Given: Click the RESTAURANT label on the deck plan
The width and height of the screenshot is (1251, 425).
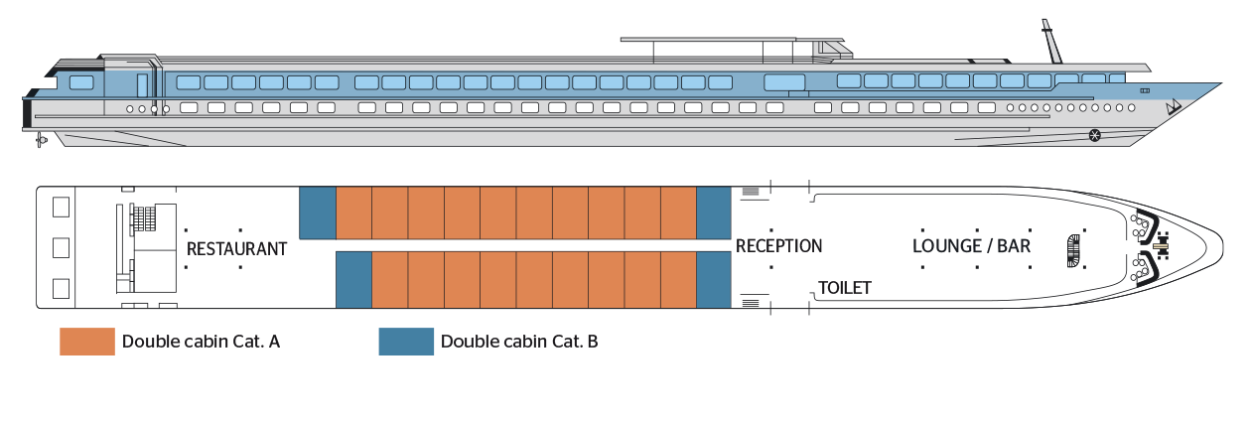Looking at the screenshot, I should coord(236,248).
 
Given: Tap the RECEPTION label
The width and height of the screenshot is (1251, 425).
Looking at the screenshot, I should coord(778,245).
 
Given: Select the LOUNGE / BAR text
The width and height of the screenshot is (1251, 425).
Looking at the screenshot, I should coord(971,245).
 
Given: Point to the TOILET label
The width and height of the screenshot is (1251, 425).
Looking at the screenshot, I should coord(844,288).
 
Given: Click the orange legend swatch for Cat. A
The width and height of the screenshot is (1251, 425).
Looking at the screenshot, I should coord(87,342).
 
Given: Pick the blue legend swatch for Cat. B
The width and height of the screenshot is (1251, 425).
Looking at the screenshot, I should coord(406,342).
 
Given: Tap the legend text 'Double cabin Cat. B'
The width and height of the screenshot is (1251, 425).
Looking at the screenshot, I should coord(519,342).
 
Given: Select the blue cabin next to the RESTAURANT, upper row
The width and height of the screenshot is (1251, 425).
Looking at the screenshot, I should coord(318,213).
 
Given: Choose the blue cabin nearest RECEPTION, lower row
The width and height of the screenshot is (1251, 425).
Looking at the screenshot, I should coord(714,280).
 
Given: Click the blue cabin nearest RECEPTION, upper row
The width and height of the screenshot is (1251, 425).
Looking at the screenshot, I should coord(714,213).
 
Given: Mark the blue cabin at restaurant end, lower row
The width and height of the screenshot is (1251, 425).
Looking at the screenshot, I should coord(354,280).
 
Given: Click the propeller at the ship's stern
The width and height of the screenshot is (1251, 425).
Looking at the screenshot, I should coord(41,140).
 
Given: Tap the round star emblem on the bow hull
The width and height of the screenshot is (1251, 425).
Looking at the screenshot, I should coord(1094,136).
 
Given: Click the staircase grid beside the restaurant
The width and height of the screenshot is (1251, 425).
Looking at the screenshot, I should coord(145,215).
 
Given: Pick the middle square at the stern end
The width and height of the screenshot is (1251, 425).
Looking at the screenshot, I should coord(61,247).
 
